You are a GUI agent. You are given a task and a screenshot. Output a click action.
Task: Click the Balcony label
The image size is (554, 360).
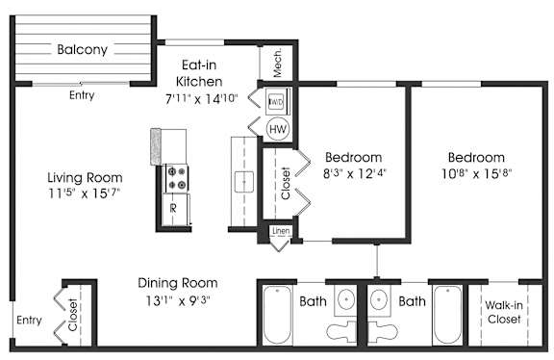pyautogui.click(x=83, y=49)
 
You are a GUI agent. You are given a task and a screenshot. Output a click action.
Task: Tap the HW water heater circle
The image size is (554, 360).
pyautogui.click(x=278, y=129)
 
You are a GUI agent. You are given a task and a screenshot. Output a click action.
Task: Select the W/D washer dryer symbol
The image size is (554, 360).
pyautogui.click(x=276, y=101)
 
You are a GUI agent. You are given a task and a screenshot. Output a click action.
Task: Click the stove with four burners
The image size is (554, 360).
pyautogui.click(x=176, y=178)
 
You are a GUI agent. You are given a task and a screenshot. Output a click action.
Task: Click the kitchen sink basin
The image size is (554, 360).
pyautogui.click(x=244, y=182)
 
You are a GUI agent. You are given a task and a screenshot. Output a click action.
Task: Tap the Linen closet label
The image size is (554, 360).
pyautogui.click(x=281, y=231)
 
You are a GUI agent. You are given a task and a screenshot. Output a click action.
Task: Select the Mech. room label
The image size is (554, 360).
pyautogui.click(x=278, y=63)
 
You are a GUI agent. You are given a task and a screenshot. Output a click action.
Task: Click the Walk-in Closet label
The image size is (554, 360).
pyautogui.click(x=504, y=312)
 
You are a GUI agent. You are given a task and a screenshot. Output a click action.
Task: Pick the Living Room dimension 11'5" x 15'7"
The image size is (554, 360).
pyautogui.click(x=85, y=193)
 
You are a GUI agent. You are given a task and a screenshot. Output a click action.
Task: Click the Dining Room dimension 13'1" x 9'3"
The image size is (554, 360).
pyautogui.click(x=178, y=301)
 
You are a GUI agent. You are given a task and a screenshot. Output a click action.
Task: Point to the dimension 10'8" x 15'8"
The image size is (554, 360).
pyautogui.click(x=477, y=173)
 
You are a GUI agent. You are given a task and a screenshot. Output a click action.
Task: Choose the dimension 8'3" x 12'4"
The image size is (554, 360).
pyautogui.click(x=354, y=173)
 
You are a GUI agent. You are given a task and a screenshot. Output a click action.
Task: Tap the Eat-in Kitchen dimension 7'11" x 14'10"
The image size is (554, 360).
pyautogui.click(x=201, y=99)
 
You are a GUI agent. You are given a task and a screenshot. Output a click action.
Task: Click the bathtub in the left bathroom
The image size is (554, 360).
pyautogui.click(x=277, y=315)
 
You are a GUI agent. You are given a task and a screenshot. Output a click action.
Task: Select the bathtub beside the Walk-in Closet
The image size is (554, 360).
pyautogui.click(x=447, y=315)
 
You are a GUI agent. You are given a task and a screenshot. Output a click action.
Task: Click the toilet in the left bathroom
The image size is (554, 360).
pyautogui.click(x=341, y=331)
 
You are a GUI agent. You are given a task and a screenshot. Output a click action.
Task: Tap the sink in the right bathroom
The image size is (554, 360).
pyautogui.click(x=379, y=300)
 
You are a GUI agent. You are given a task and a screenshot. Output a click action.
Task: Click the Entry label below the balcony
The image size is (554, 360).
pyautogui.click(x=82, y=95)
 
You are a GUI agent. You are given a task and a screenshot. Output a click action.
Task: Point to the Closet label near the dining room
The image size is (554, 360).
pyautogui.click(x=72, y=315)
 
